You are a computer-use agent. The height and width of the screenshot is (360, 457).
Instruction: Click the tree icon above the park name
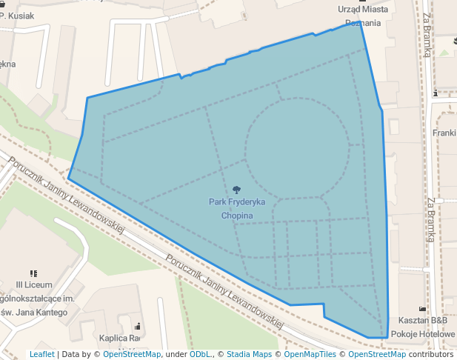click(236, 190)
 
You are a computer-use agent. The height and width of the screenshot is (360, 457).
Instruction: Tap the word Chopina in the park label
click(237, 216)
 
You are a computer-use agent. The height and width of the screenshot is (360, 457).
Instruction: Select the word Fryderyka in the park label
click(241, 202)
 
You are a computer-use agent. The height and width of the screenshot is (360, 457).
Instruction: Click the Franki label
click(445, 133)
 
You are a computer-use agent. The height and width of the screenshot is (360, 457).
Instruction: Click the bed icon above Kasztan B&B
click(423, 308)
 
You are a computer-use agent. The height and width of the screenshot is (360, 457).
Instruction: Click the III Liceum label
click(33, 285)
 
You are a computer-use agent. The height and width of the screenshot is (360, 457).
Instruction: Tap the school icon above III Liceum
click(33, 273)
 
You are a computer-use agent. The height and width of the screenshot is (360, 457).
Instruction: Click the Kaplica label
click(119, 339)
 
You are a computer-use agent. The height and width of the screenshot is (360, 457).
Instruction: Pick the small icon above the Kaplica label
click(138, 326)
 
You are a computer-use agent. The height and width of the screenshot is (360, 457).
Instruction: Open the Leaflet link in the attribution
click(41, 354)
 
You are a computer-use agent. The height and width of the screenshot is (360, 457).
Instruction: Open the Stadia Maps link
click(249, 354)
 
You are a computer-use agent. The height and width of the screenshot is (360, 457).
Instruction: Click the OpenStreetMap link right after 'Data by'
click(131, 354)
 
